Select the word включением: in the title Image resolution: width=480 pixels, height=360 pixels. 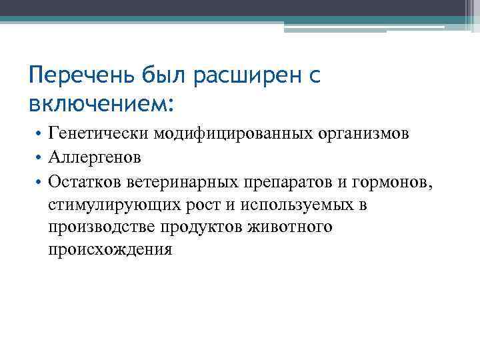tap(101, 104)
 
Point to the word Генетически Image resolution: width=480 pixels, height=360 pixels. tap(98, 135)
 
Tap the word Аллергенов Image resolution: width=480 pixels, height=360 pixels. tap(94, 159)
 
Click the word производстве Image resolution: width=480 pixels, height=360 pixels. tap(102, 227)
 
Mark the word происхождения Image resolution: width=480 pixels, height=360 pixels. tap(110, 250)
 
